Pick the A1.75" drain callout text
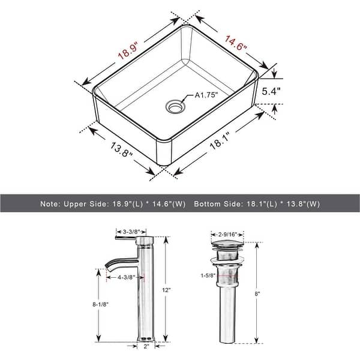click(x=205, y=95)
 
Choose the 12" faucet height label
click(x=175, y=289)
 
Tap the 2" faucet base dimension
click(x=146, y=347)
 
